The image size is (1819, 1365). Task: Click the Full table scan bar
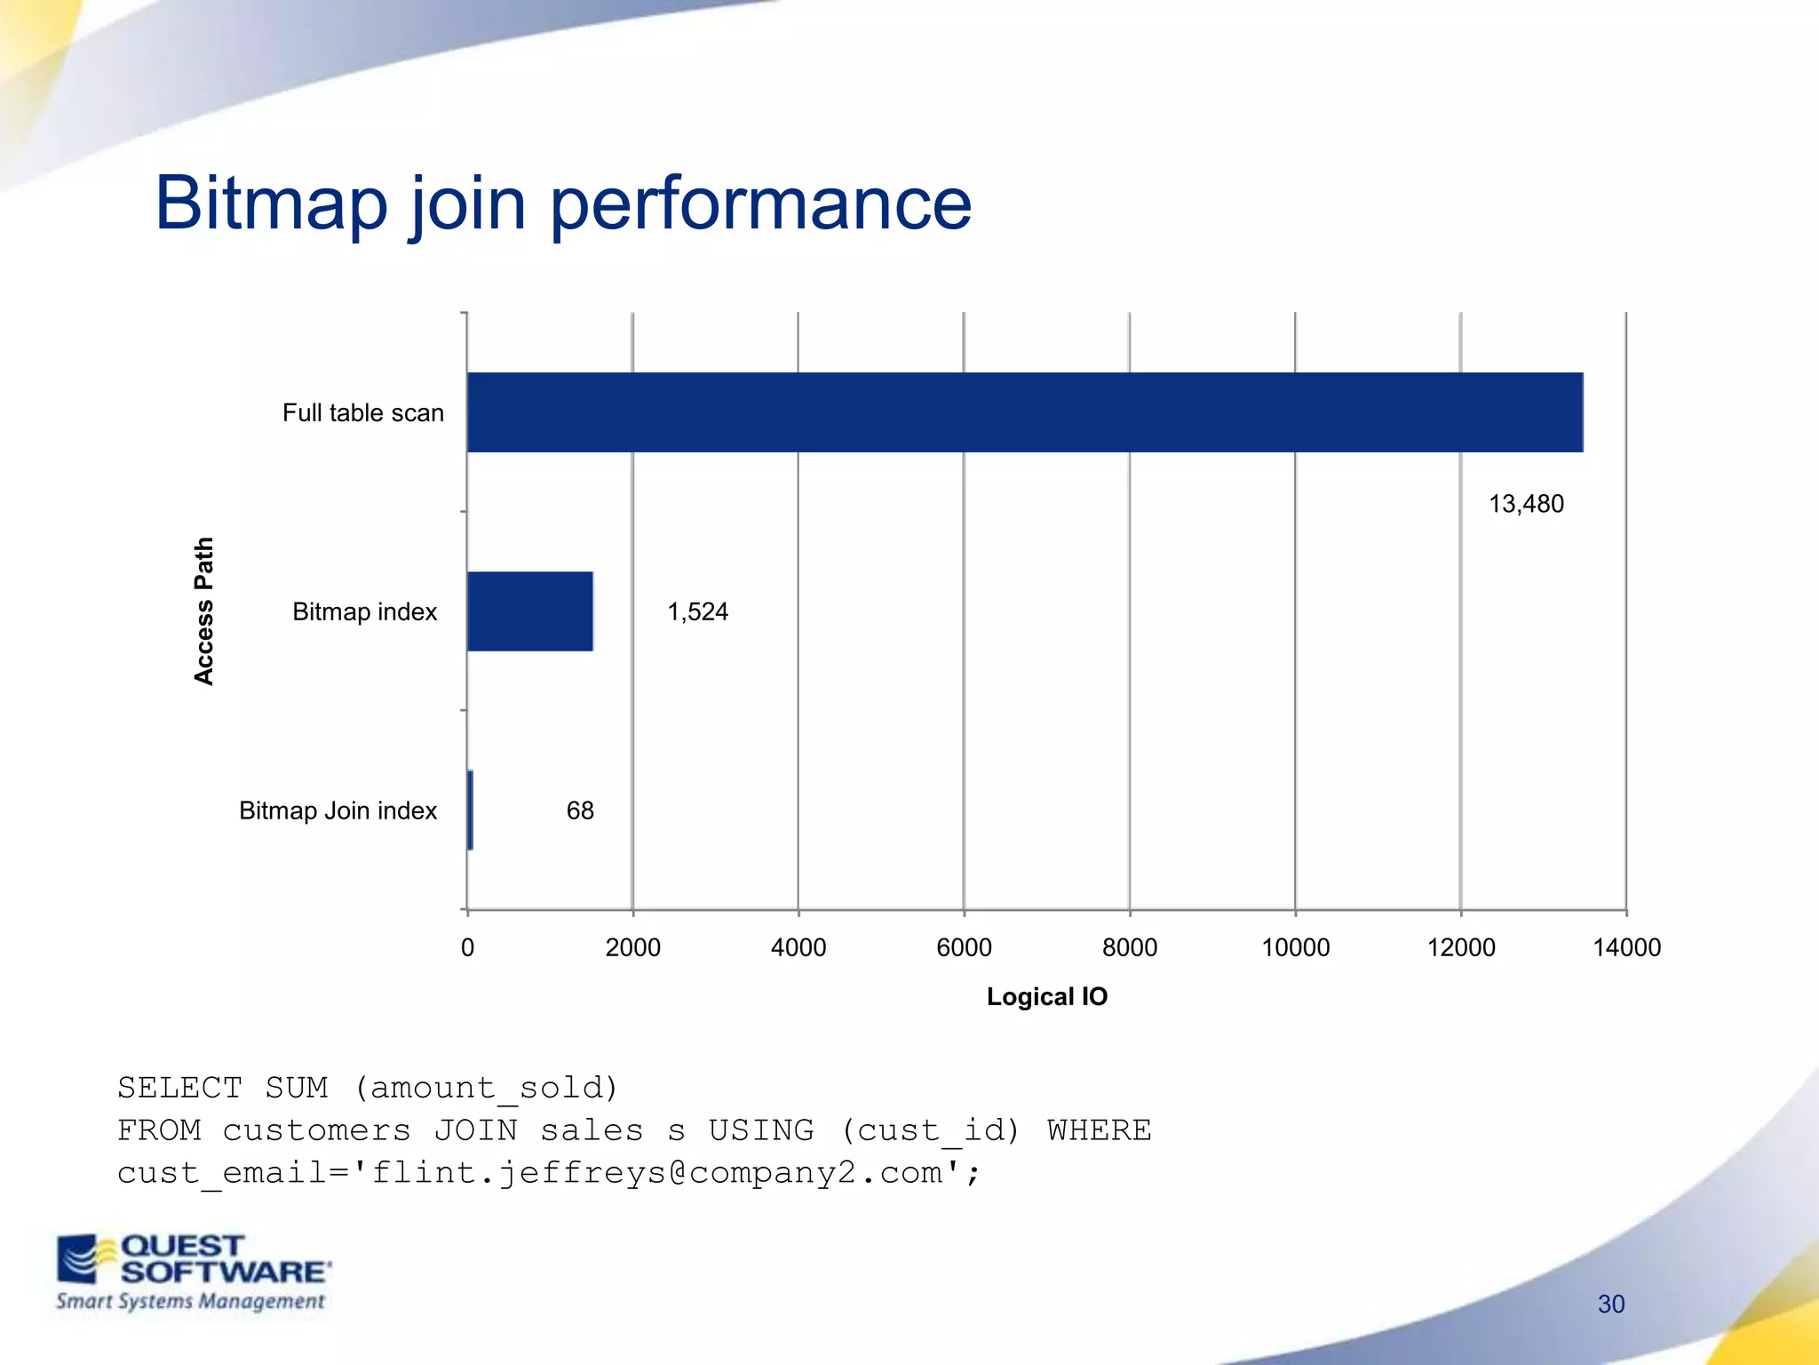click(1024, 412)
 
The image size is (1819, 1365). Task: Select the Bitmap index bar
click(530, 611)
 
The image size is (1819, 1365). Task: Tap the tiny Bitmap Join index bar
click(470, 810)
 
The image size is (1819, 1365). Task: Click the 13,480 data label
click(1526, 504)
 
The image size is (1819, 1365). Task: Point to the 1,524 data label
click(697, 611)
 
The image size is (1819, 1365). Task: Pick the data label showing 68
click(580, 810)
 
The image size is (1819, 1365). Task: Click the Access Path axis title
click(204, 611)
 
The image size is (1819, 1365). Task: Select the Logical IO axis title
click(1047, 996)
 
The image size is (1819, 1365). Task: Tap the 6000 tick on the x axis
click(964, 947)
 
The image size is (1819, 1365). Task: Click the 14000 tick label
click(1626, 947)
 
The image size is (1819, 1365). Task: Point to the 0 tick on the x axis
click(467, 947)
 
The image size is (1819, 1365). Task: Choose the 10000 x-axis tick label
click(1295, 947)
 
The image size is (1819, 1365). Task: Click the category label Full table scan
click(362, 412)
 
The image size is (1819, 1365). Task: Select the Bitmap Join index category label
click(338, 810)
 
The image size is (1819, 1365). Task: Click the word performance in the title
click(760, 204)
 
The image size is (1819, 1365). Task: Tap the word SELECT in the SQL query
click(179, 1088)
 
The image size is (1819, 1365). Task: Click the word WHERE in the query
click(1099, 1130)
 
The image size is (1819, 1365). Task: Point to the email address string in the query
click(657, 1173)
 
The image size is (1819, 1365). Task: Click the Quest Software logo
click(193, 1271)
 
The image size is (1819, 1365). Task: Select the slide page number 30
click(1610, 1304)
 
